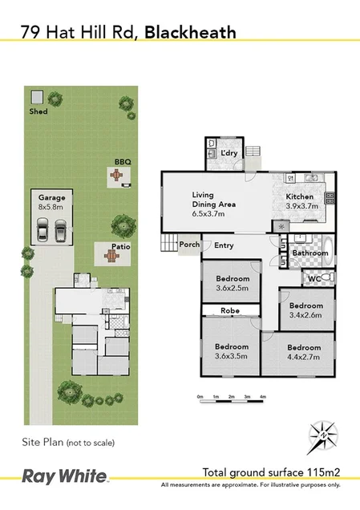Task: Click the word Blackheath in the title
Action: (191, 32)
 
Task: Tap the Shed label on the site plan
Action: (38, 111)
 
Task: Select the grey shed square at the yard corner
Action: (37, 98)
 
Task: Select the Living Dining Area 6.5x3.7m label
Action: (213, 204)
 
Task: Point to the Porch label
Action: (189, 245)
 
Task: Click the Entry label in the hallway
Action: (224, 245)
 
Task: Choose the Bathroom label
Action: (309, 253)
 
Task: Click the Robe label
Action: (231, 310)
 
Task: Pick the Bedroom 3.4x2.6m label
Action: (305, 310)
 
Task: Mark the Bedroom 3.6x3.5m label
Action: (231, 351)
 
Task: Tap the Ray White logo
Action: (63, 475)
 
